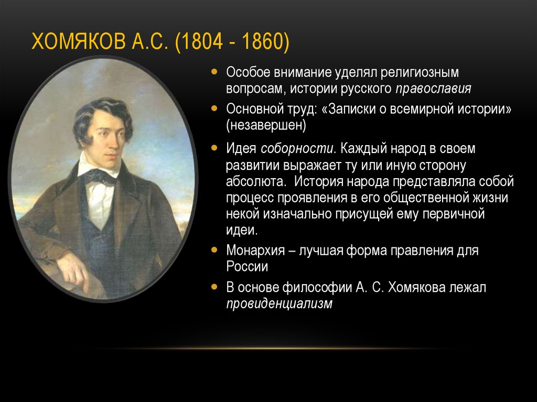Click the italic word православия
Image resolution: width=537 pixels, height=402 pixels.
(433, 89)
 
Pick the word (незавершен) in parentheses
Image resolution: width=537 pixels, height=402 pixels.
(266, 125)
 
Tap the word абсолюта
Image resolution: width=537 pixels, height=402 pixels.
(256, 181)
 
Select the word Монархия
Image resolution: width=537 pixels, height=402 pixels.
(255, 251)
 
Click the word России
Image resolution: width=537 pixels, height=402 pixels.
(247, 267)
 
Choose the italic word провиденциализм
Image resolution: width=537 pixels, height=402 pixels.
(279, 303)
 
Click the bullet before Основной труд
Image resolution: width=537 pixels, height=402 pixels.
(214, 108)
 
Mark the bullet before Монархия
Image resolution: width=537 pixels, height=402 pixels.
(214, 250)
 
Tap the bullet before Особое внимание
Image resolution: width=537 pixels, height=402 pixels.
(214, 72)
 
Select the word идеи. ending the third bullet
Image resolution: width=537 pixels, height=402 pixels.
(242, 230)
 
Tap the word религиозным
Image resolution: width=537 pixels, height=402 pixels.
(420, 73)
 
